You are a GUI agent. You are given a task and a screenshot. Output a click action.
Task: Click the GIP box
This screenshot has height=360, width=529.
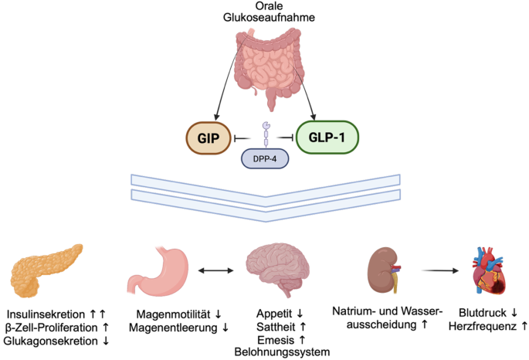(x=206, y=138)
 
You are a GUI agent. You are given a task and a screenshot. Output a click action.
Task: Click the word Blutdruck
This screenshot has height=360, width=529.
(x=480, y=314)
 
